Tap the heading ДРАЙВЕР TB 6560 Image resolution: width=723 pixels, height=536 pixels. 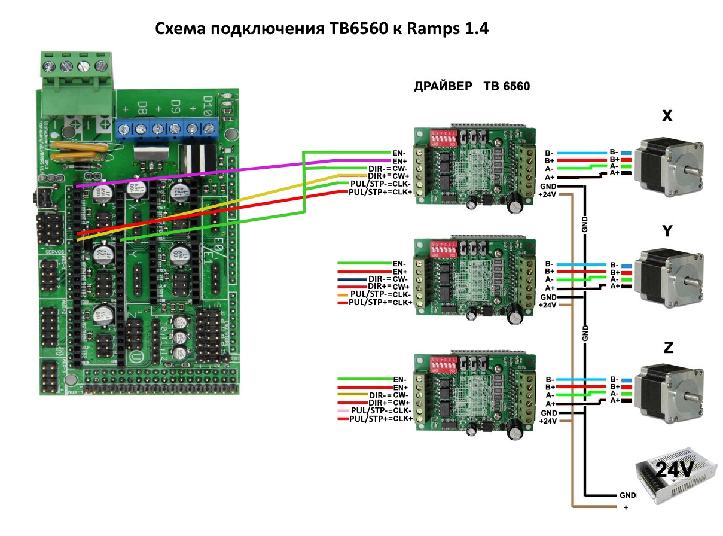click(x=472, y=86)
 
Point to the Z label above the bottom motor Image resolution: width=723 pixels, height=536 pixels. click(x=668, y=348)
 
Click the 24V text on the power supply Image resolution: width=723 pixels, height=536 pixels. click(x=674, y=470)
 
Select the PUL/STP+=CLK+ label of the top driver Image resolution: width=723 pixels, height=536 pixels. click(x=381, y=191)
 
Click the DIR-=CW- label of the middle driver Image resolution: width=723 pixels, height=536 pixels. click(x=388, y=279)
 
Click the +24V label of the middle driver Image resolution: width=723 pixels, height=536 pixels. click(x=548, y=305)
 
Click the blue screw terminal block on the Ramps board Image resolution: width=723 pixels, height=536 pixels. click(x=167, y=127)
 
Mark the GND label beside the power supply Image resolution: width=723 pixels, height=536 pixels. click(x=627, y=496)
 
